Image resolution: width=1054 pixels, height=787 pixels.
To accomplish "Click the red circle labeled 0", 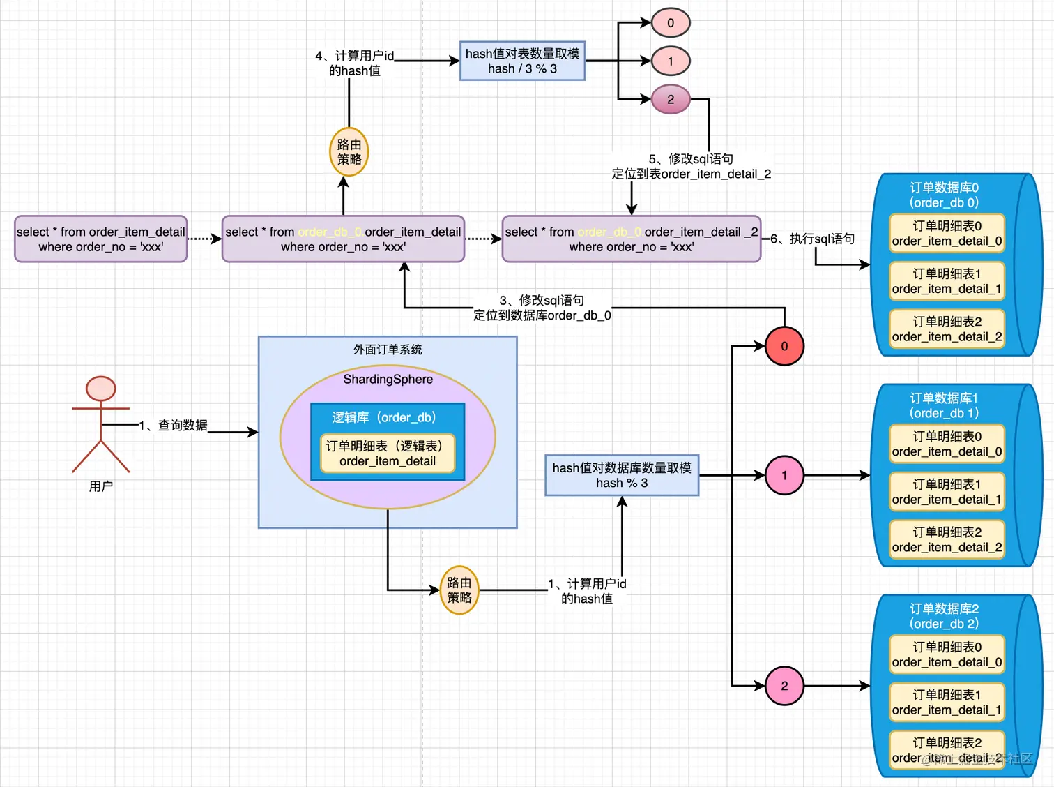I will coord(784,346).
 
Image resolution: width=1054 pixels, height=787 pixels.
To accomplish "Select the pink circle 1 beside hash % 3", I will coord(784,475).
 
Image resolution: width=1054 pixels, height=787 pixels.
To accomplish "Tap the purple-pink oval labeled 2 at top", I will coord(670,99).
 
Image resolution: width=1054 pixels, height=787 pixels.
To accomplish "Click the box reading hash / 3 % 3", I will coord(522,61).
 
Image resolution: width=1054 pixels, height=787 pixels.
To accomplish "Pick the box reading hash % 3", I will coord(621,475).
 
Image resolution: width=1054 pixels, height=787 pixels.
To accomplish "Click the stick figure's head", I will coord(101,389).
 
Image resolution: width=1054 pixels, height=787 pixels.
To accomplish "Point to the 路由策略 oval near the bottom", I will coord(459,590).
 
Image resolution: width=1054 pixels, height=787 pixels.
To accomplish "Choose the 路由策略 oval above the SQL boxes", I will coord(349,152).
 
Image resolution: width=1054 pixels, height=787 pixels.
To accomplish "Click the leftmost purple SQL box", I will coord(101,239).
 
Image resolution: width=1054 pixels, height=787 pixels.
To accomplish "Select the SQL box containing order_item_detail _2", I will coord(631,239).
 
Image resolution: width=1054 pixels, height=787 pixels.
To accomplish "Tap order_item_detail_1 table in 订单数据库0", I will coord(947,281).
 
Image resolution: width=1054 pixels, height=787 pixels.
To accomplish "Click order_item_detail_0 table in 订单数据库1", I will coord(947,444).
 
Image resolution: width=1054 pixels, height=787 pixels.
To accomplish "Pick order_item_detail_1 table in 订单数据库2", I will coord(947,703).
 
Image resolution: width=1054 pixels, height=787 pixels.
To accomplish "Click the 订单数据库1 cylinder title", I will coord(944,405).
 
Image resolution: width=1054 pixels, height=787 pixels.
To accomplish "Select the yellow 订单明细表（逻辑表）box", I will coord(388,454).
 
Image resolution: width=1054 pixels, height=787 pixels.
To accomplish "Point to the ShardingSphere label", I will coord(388,380).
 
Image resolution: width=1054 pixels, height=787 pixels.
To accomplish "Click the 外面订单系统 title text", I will coord(388,350).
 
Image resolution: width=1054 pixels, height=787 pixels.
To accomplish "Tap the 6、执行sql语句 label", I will coord(813,239).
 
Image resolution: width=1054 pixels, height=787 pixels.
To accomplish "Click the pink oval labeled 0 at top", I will coord(670,23).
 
